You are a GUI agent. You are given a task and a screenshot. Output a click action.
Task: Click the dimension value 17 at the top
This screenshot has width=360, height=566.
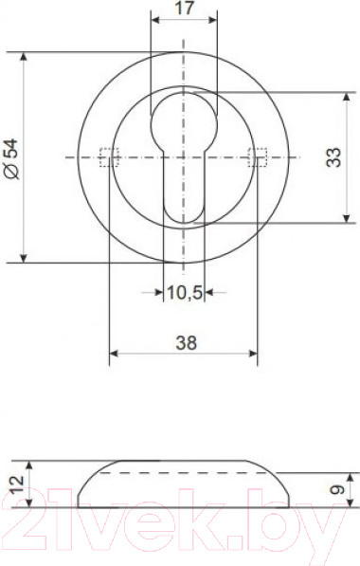184,8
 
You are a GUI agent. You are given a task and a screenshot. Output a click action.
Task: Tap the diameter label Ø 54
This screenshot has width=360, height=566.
12,159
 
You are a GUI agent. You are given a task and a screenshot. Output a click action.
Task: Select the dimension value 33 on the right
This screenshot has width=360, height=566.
333,157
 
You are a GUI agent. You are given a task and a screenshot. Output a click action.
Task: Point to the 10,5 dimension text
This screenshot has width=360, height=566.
185,292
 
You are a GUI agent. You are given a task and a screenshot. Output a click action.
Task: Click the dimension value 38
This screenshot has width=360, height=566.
186,342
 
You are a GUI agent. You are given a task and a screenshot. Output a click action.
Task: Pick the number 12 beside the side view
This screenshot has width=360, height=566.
17,484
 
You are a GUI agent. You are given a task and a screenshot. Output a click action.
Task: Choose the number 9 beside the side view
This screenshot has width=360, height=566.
337,489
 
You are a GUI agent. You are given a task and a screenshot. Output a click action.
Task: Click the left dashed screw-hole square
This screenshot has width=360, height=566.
109,157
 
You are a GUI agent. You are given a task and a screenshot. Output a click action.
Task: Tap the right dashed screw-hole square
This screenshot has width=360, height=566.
257,157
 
